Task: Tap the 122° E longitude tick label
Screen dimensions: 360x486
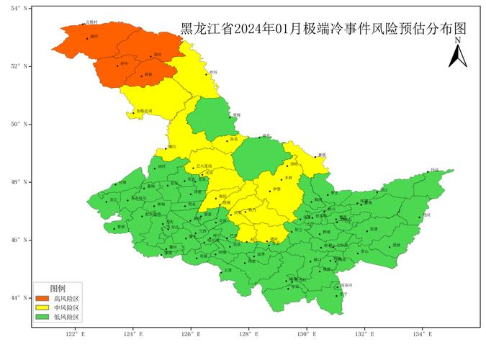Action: click(75, 334)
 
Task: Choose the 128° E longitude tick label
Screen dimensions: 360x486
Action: click(248, 334)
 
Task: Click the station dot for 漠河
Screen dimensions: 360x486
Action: click(87, 38)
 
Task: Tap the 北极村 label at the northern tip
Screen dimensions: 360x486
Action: click(91, 22)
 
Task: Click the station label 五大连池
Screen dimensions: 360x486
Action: click(203, 166)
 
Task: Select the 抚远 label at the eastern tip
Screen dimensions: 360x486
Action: click(434, 170)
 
